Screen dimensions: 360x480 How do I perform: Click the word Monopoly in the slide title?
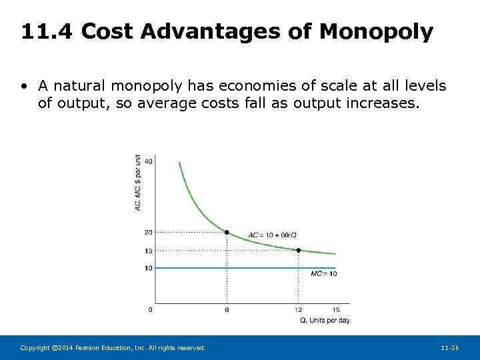(x=377, y=31)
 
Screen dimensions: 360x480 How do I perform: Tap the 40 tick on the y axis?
(x=148, y=161)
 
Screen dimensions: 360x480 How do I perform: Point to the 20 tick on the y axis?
(x=148, y=232)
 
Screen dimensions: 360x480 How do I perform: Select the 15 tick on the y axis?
(x=148, y=251)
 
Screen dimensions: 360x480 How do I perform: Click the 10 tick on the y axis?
(x=148, y=268)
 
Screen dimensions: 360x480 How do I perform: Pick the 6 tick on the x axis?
(x=227, y=310)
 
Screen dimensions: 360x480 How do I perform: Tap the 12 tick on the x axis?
(x=298, y=310)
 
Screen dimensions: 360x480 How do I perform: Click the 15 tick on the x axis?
(x=336, y=310)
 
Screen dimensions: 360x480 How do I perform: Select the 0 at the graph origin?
(x=149, y=310)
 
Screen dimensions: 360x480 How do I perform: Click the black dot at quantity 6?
(x=227, y=232)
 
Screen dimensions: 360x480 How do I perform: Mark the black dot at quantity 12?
(x=298, y=250)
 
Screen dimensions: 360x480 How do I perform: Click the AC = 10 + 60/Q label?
(x=272, y=235)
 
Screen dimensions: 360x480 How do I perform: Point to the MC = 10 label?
(x=324, y=274)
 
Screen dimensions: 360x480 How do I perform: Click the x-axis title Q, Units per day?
(x=325, y=321)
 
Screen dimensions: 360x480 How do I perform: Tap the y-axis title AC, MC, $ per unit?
(x=138, y=183)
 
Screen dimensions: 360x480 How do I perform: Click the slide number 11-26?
(x=450, y=348)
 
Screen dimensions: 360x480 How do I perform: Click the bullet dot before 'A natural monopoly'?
(x=24, y=87)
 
